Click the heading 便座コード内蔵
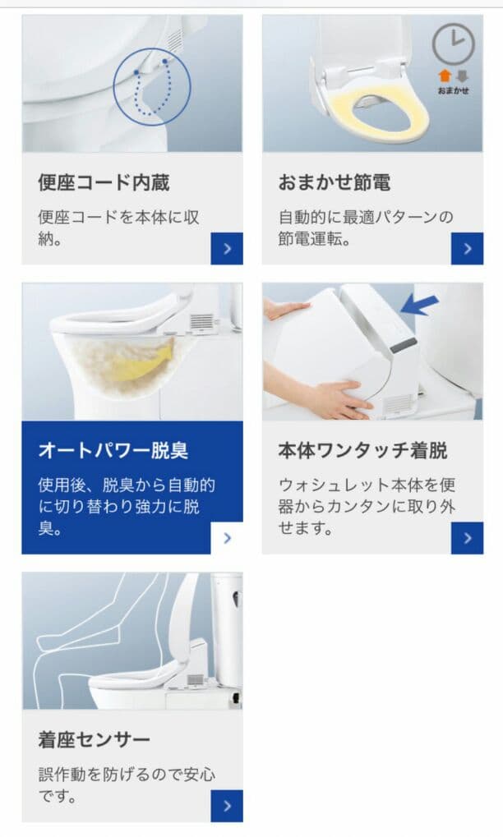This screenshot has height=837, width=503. point(104,182)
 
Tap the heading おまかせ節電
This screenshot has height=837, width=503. point(334,182)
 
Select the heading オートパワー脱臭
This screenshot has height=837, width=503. point(113,451)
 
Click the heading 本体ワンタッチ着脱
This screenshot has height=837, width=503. point(362,451)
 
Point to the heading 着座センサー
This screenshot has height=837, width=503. point(95,739)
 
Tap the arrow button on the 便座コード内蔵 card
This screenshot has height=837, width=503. point(227,248)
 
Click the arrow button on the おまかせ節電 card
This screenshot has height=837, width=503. point(467,248)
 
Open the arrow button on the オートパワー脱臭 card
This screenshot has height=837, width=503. point(227,538)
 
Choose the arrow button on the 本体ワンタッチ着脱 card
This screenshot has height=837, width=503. point(467,538)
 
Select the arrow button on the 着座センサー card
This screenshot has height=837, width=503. point(227,806)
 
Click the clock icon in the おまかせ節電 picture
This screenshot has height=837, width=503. point(453,44)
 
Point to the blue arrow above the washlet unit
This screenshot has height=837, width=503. point(420,305)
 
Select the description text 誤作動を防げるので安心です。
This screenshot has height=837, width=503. point(127,785)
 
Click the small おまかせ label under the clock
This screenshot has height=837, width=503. point(454,90)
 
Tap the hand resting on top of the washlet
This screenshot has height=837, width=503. point(286,309)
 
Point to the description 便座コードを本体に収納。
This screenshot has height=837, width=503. point(119,229)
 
